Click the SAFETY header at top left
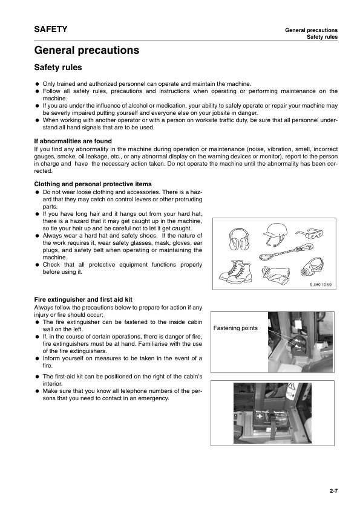(51, 29)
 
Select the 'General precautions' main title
(87, 50)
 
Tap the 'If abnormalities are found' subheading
(73, 141)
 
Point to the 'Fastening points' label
(235, 328)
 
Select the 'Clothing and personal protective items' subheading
(93, 183)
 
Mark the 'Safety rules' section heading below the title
(58, 68)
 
